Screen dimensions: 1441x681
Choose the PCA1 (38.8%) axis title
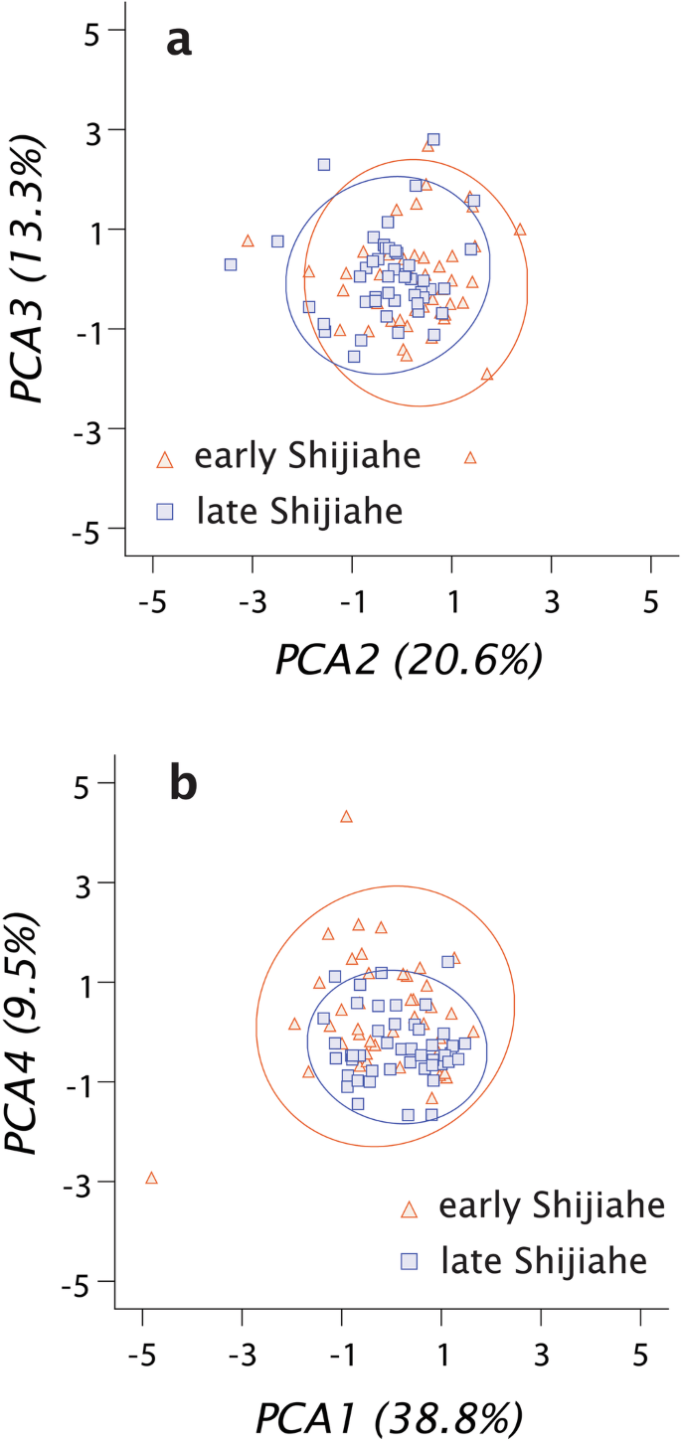pyautogui.click(x=389, y=1411)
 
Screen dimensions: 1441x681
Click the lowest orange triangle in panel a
pyautogui.click(x=470, y=458)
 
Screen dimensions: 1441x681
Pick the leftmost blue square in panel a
pyautogui.click(x=231, y=265)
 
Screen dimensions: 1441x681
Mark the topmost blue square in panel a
pyautogui.click(x=433, y=140)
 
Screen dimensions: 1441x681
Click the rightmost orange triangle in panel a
pyautogui.click(x=519, y=230)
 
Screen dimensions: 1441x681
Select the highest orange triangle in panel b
pyautogui.click(x=346, y=817)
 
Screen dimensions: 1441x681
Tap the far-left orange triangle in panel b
pyautogui.click(x=152, y=1179)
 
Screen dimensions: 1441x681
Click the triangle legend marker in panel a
pyautogui.click(x=166, y=459)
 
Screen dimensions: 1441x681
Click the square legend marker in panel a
pyautogui.click(x=166, y=511)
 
